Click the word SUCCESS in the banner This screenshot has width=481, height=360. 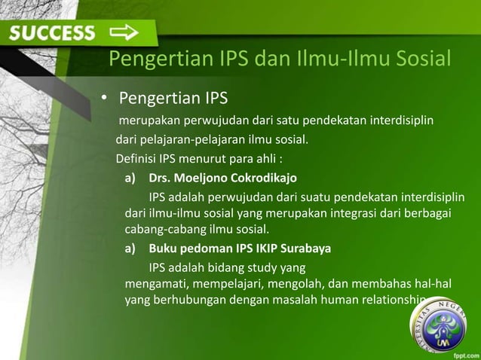[53, 32]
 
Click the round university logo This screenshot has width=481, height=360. [443, 330]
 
